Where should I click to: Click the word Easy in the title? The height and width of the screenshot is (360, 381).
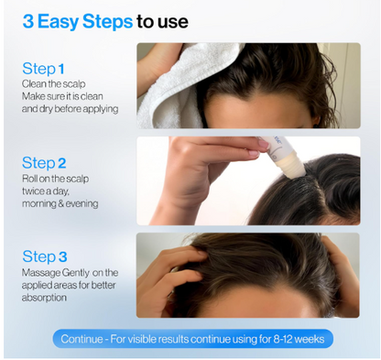point(59,22)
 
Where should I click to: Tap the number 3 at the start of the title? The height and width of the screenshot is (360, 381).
point(27,21)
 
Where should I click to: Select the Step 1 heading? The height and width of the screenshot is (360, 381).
point(43,69)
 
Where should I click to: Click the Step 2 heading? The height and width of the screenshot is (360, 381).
point(44,163)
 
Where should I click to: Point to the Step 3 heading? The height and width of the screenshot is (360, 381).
point(45,256)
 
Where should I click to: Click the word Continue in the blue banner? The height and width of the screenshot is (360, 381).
point(82,339)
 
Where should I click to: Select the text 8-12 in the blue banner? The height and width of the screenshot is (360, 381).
point(283,339)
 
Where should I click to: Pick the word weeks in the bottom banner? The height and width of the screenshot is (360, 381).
point(310,339)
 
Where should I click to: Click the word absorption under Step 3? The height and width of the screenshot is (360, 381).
point(44,298)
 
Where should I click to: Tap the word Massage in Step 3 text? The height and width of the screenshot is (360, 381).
point(41,273)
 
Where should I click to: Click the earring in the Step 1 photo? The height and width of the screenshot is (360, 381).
point(315,125)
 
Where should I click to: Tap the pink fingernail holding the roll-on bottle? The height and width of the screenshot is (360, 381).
point(263,143)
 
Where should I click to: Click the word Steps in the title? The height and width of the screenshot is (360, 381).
point(107,22)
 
